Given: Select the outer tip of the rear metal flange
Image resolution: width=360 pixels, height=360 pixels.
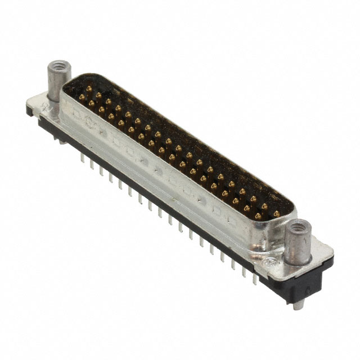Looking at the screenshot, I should coord(29,104).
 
